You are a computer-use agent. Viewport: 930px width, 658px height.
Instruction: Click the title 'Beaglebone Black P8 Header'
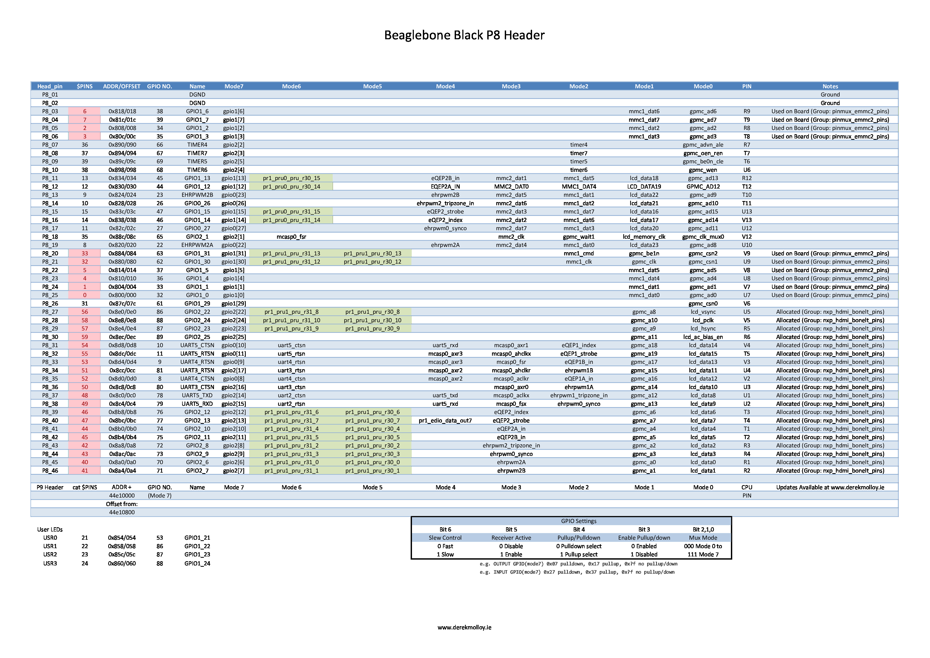(x=464, y=35)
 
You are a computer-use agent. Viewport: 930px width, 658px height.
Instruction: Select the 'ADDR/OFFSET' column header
(x=121, y=86)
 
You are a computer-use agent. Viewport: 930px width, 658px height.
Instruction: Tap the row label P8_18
(x=50, y=237)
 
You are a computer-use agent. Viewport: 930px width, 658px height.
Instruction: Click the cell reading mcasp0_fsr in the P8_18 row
(x=291, y=237)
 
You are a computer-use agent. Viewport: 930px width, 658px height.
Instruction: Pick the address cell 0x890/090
(x=122, y=145)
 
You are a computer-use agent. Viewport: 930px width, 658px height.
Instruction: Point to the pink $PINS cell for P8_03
(x=85, y=111)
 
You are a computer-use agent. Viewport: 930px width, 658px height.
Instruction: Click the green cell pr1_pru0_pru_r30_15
(x=291, y=178)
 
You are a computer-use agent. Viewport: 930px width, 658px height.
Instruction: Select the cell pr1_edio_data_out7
(x=445, y=421)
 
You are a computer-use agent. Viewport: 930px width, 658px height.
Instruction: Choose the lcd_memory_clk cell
(x=644, y=237)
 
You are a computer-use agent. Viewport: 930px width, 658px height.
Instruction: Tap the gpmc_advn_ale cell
(x=703, y=145)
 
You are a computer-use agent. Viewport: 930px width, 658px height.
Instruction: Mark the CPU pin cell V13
(x=747, y=220)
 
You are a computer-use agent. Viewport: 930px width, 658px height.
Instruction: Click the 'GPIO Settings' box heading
(x=578, y=521)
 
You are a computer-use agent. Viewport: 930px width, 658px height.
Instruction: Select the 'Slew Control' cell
(x=445, y=538)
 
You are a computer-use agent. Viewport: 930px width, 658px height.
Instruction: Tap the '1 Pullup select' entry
(x=578, y=555)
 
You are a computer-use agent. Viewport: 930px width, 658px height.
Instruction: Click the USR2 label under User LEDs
(x=50, y=555)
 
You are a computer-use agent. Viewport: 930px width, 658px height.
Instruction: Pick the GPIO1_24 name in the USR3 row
(x=197, y=564)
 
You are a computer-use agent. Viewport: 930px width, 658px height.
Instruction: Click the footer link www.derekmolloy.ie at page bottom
(x=464, y=627)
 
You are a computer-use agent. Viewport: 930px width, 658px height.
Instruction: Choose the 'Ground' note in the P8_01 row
(x=830, y=94)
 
